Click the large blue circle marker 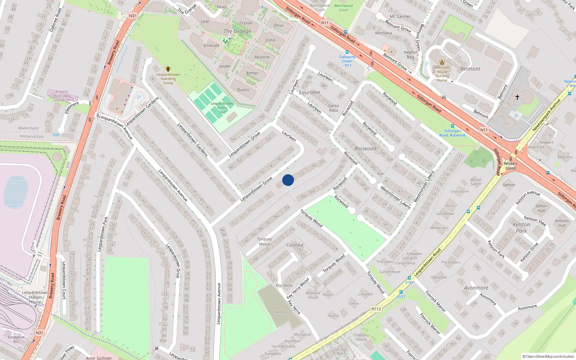[288, 180]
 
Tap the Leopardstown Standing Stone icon [168, 69]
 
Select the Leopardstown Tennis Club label [222, 108]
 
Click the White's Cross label [510, 166]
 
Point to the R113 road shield [376, 309]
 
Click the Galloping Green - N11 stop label [347, 61]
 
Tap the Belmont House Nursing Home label [442, 74]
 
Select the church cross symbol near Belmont [517, 97]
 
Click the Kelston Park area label [521, 228]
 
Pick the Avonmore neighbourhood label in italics [476, 288]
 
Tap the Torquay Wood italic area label [264, 241]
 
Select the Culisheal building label [295, 245]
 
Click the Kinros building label [281, 312]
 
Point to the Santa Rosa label [333, 108]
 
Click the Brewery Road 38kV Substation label [62, 96]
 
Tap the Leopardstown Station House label [35, 297]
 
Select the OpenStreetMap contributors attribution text [548, 356]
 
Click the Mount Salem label [476, 182]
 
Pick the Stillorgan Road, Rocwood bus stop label [452, 133]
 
